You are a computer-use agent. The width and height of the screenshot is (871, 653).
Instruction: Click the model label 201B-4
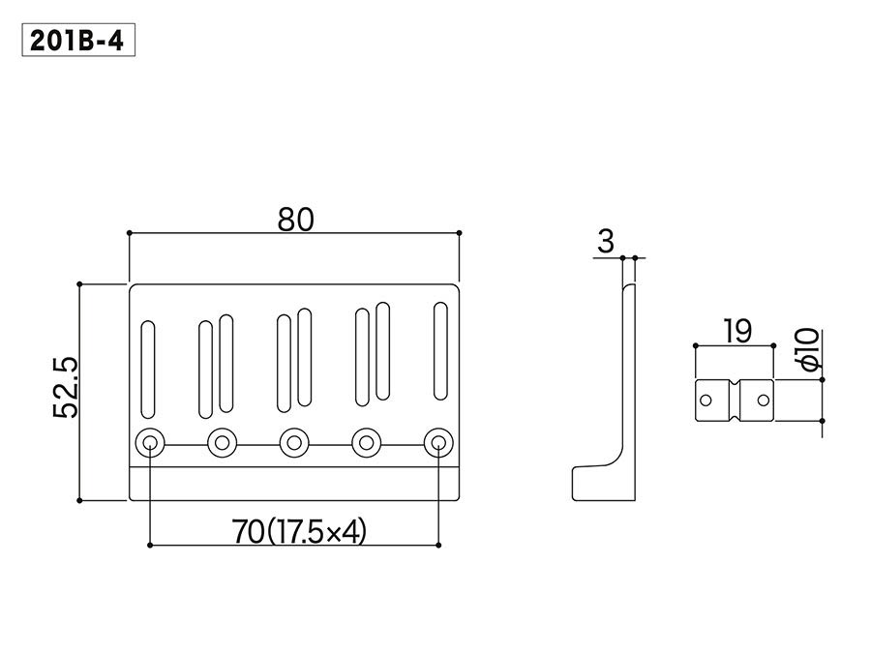(x=77, y=43)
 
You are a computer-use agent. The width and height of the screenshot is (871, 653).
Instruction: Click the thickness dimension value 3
(x=606, y=242)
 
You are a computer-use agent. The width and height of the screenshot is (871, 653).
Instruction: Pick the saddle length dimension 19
(x=736, y=332)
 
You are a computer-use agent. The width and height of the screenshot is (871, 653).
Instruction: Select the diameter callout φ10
(x=810, y=349)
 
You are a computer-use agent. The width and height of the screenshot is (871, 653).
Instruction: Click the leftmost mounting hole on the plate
(x=150, y=443)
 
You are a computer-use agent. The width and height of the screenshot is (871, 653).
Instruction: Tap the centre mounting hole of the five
(x=293, y=443)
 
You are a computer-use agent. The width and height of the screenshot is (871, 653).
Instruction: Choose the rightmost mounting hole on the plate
(x=438, y=443)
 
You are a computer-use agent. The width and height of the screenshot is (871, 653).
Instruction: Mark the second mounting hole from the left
(x=222, y=443)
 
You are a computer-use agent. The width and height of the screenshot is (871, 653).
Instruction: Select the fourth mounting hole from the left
(x=366, y=443)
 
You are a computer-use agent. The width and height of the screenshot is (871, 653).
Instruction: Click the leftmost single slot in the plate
(x=149, y=366)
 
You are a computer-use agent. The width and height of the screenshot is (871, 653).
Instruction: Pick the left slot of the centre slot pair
(x=284, y=364)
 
